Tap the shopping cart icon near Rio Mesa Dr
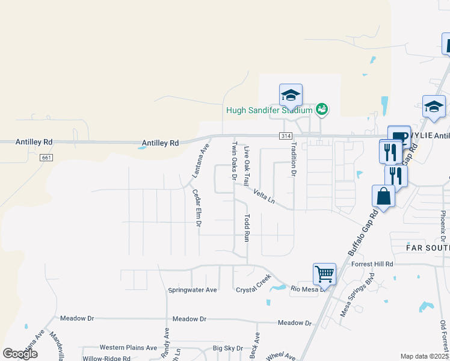pyautogui.click(x=324, y=274)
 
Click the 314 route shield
pyautogui.click(x=286, y=137)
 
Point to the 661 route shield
pyautogui.click(x=45, y=158)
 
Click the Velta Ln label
pyautogui.click(x=264, y=196)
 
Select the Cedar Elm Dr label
pyautogui.click(x=197, y=208)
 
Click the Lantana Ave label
pyautogui.click(x=200, y=161)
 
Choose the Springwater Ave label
pyautogui.click(x=192, y=290)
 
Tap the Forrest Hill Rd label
pyautogui.click(x=372, y=264)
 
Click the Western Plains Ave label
pyautogui.click(x=128, y=347)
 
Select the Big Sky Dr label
pyautogui.click(x=228, y=348)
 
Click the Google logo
pyautogui.click(x=20, y=354)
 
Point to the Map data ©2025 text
pyautogui.click(x=424, y=356)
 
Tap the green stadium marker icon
pyautogui.click(x=322, y=109)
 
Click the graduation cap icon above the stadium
pyautogui.click(x=291, y=95)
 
